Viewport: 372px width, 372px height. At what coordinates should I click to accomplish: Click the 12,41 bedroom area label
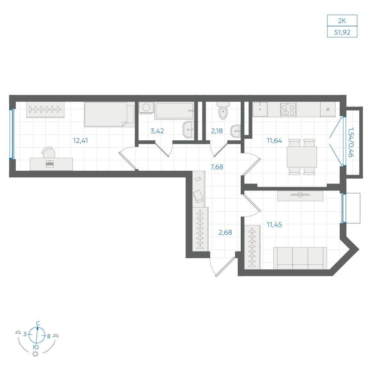pyautogui.click(x=80, y=141)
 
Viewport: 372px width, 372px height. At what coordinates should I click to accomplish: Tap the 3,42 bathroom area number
pyautogui.click(x=157, y=131)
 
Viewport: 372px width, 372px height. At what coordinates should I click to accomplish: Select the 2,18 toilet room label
pyautogui.click(x=217, y=131)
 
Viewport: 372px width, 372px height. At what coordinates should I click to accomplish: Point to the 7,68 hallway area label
pyautogui.click(x=217, y=167)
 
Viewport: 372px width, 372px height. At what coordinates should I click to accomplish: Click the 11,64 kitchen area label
pyautogui.click(x=274, y=141)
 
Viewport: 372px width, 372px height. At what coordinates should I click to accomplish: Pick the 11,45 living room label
pyautogui.click(x=274, y=224)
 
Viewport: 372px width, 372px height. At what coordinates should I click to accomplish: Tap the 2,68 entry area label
pyautogui.click(x=225, y=232)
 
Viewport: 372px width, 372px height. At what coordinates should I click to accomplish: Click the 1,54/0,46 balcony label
pyautogui.click(x=350, y=142)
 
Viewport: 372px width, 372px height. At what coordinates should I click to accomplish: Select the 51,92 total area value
pyautogui.click(x=342, y=32)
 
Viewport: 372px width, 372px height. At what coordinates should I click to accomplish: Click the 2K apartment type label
pyautogui.click(x=342, y=21)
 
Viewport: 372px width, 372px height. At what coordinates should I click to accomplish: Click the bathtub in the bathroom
pyautogui.click(x=174, y=111)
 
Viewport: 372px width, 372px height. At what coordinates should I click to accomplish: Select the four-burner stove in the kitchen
pyautogui.click(x=288, y=109)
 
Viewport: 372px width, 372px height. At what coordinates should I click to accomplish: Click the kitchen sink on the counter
pyautogui.click(x=260, y=109)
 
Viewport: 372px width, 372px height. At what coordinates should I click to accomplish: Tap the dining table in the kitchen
pyautogui.click(x=302, y=157)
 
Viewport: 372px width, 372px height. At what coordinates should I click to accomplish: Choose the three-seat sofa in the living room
pyautogui.click(x=300, y=258)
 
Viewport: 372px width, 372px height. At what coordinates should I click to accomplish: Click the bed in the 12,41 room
pyautogui.click(x=109, y=114)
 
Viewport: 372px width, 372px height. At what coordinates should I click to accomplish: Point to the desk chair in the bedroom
pyautogui.click(x=48, y=152)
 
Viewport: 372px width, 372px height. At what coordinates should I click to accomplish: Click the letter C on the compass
pyautogui.click(x=38, y=323)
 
